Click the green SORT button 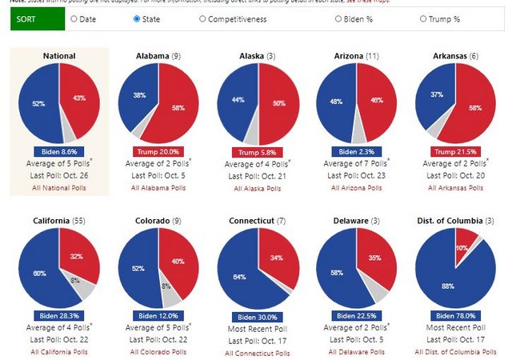[x=38, y=18]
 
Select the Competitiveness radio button [x=202, y=18]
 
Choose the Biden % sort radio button [x=339, y=18]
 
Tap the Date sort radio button [x=74, y=18]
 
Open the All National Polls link [x=61, y=188]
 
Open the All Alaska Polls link [x=258, y=188]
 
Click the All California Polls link [x=61, y=352]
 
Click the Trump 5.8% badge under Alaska [x=258, y=152]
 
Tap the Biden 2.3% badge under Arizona [x=356, y=151]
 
